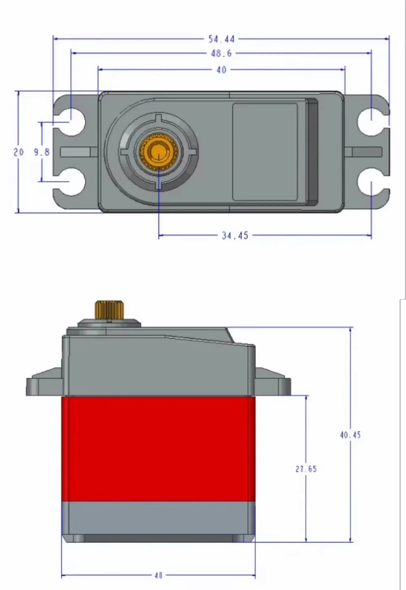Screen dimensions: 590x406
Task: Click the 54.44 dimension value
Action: (x=221, y=39)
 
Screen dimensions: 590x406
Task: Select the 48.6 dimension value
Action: (x=221, y=53)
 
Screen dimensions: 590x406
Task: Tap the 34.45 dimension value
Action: (x=234, y=235)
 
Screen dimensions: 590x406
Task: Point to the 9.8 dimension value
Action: (x=42, y=152)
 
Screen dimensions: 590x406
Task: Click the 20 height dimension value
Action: (x=19, y=152)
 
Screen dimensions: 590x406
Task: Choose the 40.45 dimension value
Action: (x=350, y=435)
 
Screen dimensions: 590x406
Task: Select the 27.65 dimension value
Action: (x=306, y=469)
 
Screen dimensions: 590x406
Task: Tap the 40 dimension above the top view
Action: (x=221, y=70)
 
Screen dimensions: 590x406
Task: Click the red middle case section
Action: (x=158, y=449)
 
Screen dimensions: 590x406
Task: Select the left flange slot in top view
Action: (x=76, y=152)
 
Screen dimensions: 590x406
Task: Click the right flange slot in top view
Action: (x=367, y=152)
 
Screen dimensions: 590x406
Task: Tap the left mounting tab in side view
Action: (x=44, y=385)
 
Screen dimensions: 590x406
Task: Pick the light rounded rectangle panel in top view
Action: (x=265, y=152)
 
